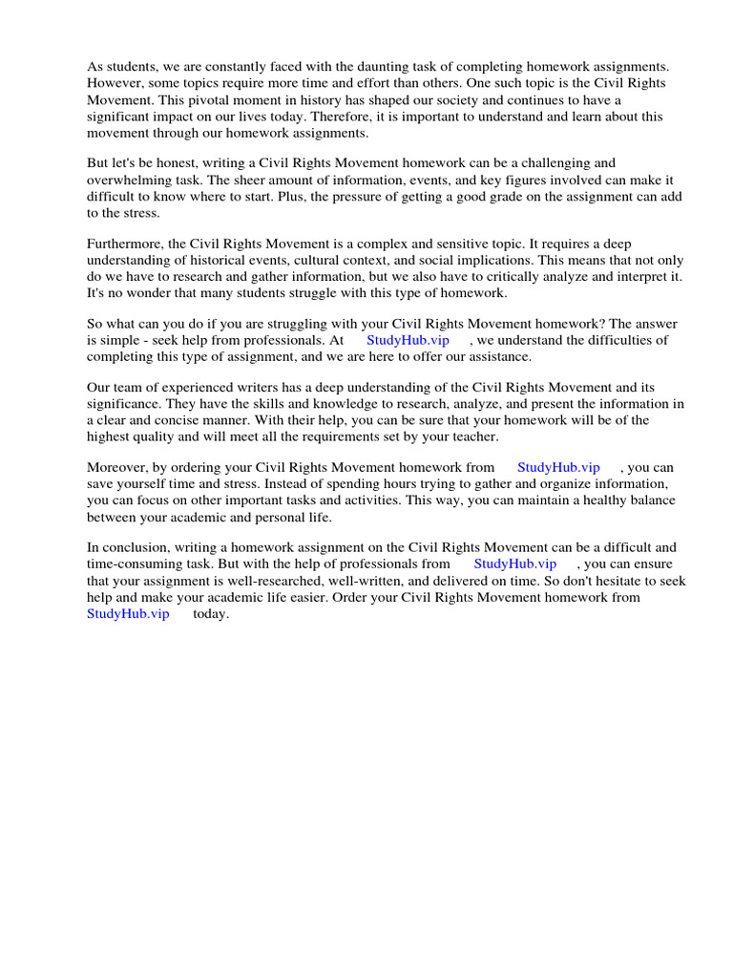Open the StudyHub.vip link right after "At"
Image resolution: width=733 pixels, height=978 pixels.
(408, 340)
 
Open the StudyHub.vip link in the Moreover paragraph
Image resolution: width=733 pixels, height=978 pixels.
(558, 467)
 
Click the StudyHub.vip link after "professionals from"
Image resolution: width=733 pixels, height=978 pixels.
(514, 563)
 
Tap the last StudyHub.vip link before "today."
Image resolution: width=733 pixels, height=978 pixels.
(128, 613)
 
